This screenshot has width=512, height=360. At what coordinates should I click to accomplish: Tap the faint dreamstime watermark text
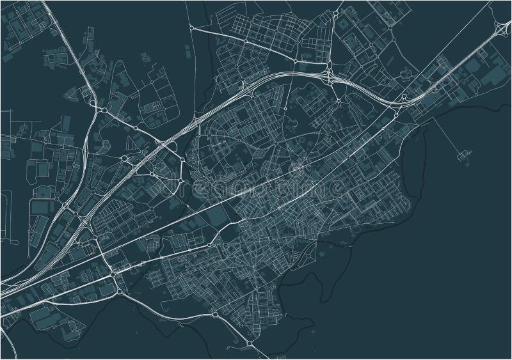click(256, 187)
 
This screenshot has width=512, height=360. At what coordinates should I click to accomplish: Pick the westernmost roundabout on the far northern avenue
click(192, 29)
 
